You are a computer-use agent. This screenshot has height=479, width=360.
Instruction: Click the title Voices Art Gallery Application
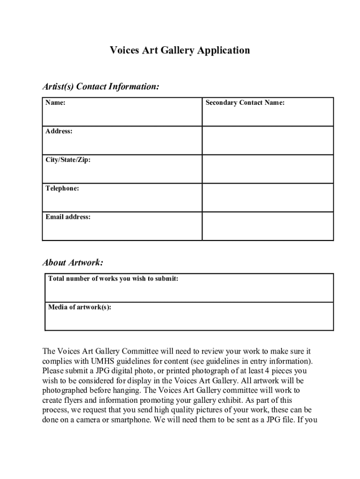click(180, 50)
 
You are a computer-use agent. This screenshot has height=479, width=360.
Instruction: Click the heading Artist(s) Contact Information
click(101, 87)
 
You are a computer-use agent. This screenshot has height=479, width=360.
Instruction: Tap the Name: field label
click(55, 103)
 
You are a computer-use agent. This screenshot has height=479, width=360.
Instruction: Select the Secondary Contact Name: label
click(245, 103)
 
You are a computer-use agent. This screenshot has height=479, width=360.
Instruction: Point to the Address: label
click(59, 131)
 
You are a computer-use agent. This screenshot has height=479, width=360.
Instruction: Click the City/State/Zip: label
click(68, 160)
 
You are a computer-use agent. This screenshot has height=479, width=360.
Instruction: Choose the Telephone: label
click(62, 189)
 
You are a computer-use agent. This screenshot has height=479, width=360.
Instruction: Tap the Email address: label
click(68, 217)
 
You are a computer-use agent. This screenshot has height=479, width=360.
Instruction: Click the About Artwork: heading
click(72, 263)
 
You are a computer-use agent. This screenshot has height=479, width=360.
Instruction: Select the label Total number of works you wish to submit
click(113, 279)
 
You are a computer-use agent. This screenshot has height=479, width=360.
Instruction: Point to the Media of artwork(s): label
click(79, 307)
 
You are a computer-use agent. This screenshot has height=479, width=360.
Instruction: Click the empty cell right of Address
click(267, 140)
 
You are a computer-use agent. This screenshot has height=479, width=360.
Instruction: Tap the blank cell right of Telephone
click(267, 197)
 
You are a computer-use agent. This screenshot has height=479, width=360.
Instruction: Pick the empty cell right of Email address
click(267, 226)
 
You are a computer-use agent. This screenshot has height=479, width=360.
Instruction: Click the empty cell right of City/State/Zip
click(267, 169)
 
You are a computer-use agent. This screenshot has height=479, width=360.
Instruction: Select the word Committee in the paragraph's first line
click(139, 351)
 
